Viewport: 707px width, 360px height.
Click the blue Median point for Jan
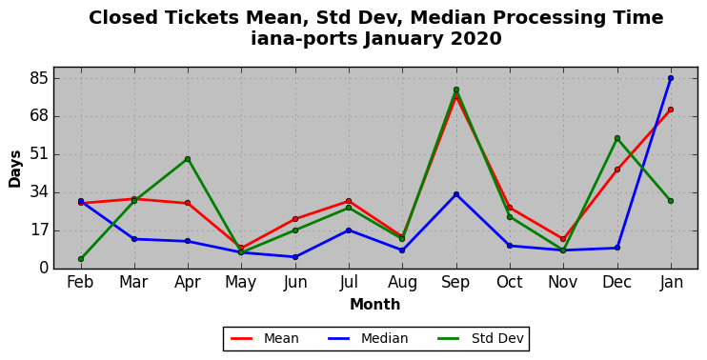671,78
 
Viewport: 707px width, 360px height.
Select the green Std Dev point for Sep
456,90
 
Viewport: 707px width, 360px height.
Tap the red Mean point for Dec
617,170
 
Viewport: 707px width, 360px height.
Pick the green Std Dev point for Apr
188,159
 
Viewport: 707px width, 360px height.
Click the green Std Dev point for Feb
81,259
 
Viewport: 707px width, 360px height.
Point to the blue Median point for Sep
456,194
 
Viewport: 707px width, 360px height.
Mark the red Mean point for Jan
671,110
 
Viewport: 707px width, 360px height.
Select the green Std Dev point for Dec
617,138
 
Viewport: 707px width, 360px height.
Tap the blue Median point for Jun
295,257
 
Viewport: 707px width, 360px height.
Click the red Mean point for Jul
349,201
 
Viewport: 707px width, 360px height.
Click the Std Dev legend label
497,338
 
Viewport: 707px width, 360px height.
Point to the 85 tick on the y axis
38,78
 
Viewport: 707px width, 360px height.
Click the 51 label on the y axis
38,154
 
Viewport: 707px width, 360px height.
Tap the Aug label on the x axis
402,283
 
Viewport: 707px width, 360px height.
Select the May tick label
241,283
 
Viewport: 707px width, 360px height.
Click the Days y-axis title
15,169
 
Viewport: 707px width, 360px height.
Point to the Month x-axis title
375,304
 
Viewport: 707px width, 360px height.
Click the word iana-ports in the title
305,39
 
